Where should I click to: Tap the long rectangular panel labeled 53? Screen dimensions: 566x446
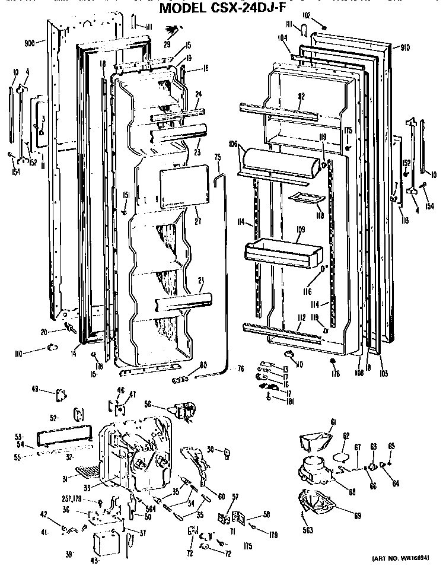click(x=63, y=437)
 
